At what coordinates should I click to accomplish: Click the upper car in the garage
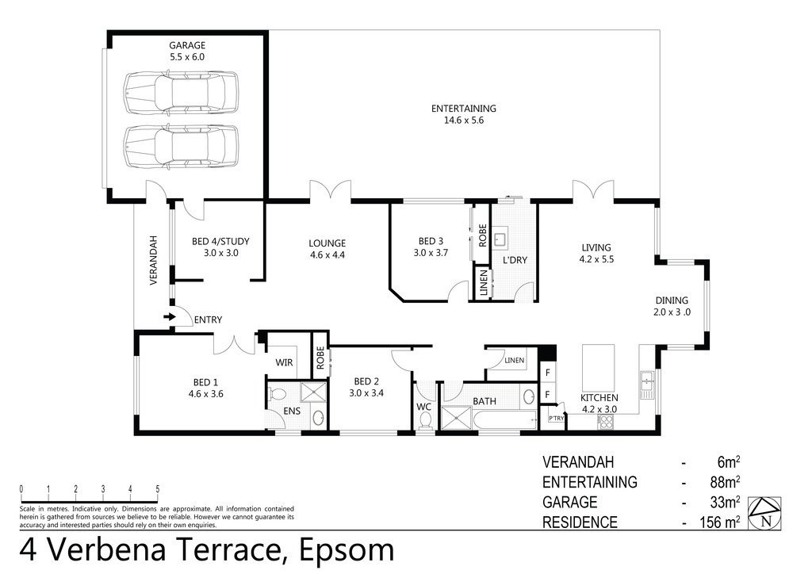181,93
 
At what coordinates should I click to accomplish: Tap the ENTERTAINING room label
463,109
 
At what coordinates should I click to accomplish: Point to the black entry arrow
168,318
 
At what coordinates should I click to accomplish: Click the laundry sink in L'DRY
501,237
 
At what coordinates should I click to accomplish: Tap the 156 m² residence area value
719,522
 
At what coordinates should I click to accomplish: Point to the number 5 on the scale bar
158,488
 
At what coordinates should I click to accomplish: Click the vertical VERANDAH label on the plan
154,261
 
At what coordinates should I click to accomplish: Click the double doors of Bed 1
236,344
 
